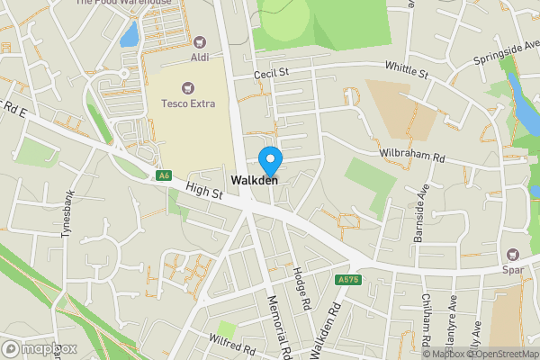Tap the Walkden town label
coord(255,181)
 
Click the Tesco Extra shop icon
coord(187,88)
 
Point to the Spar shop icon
coord(514,255)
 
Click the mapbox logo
coord(39,348)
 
